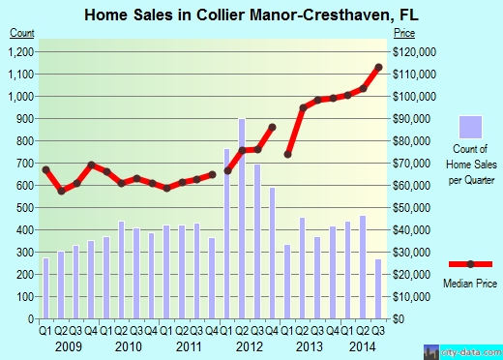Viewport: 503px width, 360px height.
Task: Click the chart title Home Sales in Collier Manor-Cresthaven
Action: point(251,14)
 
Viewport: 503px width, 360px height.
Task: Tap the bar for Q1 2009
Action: point(45,288)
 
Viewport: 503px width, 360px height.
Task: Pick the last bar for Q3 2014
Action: point(378,288)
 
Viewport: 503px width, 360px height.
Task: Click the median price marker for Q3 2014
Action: point(378,67)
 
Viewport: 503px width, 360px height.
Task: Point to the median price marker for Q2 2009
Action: point(61,191)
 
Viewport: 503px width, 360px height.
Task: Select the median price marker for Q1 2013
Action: point(287,154)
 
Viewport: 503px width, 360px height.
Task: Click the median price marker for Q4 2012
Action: point(273,127)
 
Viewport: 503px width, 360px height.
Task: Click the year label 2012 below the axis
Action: point(250,345)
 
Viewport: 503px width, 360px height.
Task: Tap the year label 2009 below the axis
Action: point(69,345)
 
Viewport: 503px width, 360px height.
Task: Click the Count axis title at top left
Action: point(21,32)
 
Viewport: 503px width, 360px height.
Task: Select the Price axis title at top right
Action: point(402,32)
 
